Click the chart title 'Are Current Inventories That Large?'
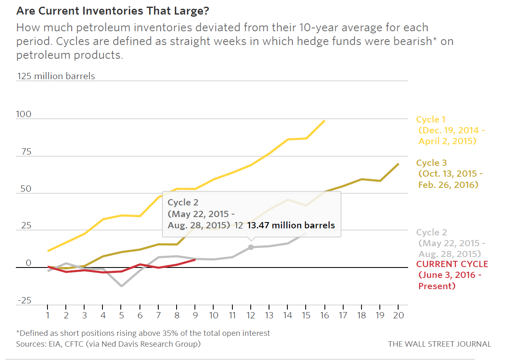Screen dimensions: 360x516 point(112,11)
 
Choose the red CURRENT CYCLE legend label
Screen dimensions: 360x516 point(452,264)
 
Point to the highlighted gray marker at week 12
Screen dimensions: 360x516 point(251,247)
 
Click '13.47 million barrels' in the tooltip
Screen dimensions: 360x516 point(291,225)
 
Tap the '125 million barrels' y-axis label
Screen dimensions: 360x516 point(56,76)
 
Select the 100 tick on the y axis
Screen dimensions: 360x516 point(24,114)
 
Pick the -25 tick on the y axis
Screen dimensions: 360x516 point(24,300)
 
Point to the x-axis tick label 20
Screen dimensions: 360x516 point(399,315)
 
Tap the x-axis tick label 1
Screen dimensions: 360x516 point(47,315)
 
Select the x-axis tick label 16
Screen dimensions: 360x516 point(324,315)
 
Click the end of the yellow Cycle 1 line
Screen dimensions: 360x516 point(324,121)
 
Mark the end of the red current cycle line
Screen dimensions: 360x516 point(195,260)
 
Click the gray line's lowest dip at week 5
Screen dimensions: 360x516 point(122,286)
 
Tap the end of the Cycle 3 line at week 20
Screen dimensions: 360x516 point(399,164)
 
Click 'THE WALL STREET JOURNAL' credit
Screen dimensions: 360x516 point(439,344)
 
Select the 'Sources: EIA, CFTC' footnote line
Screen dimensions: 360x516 point(108,344)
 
